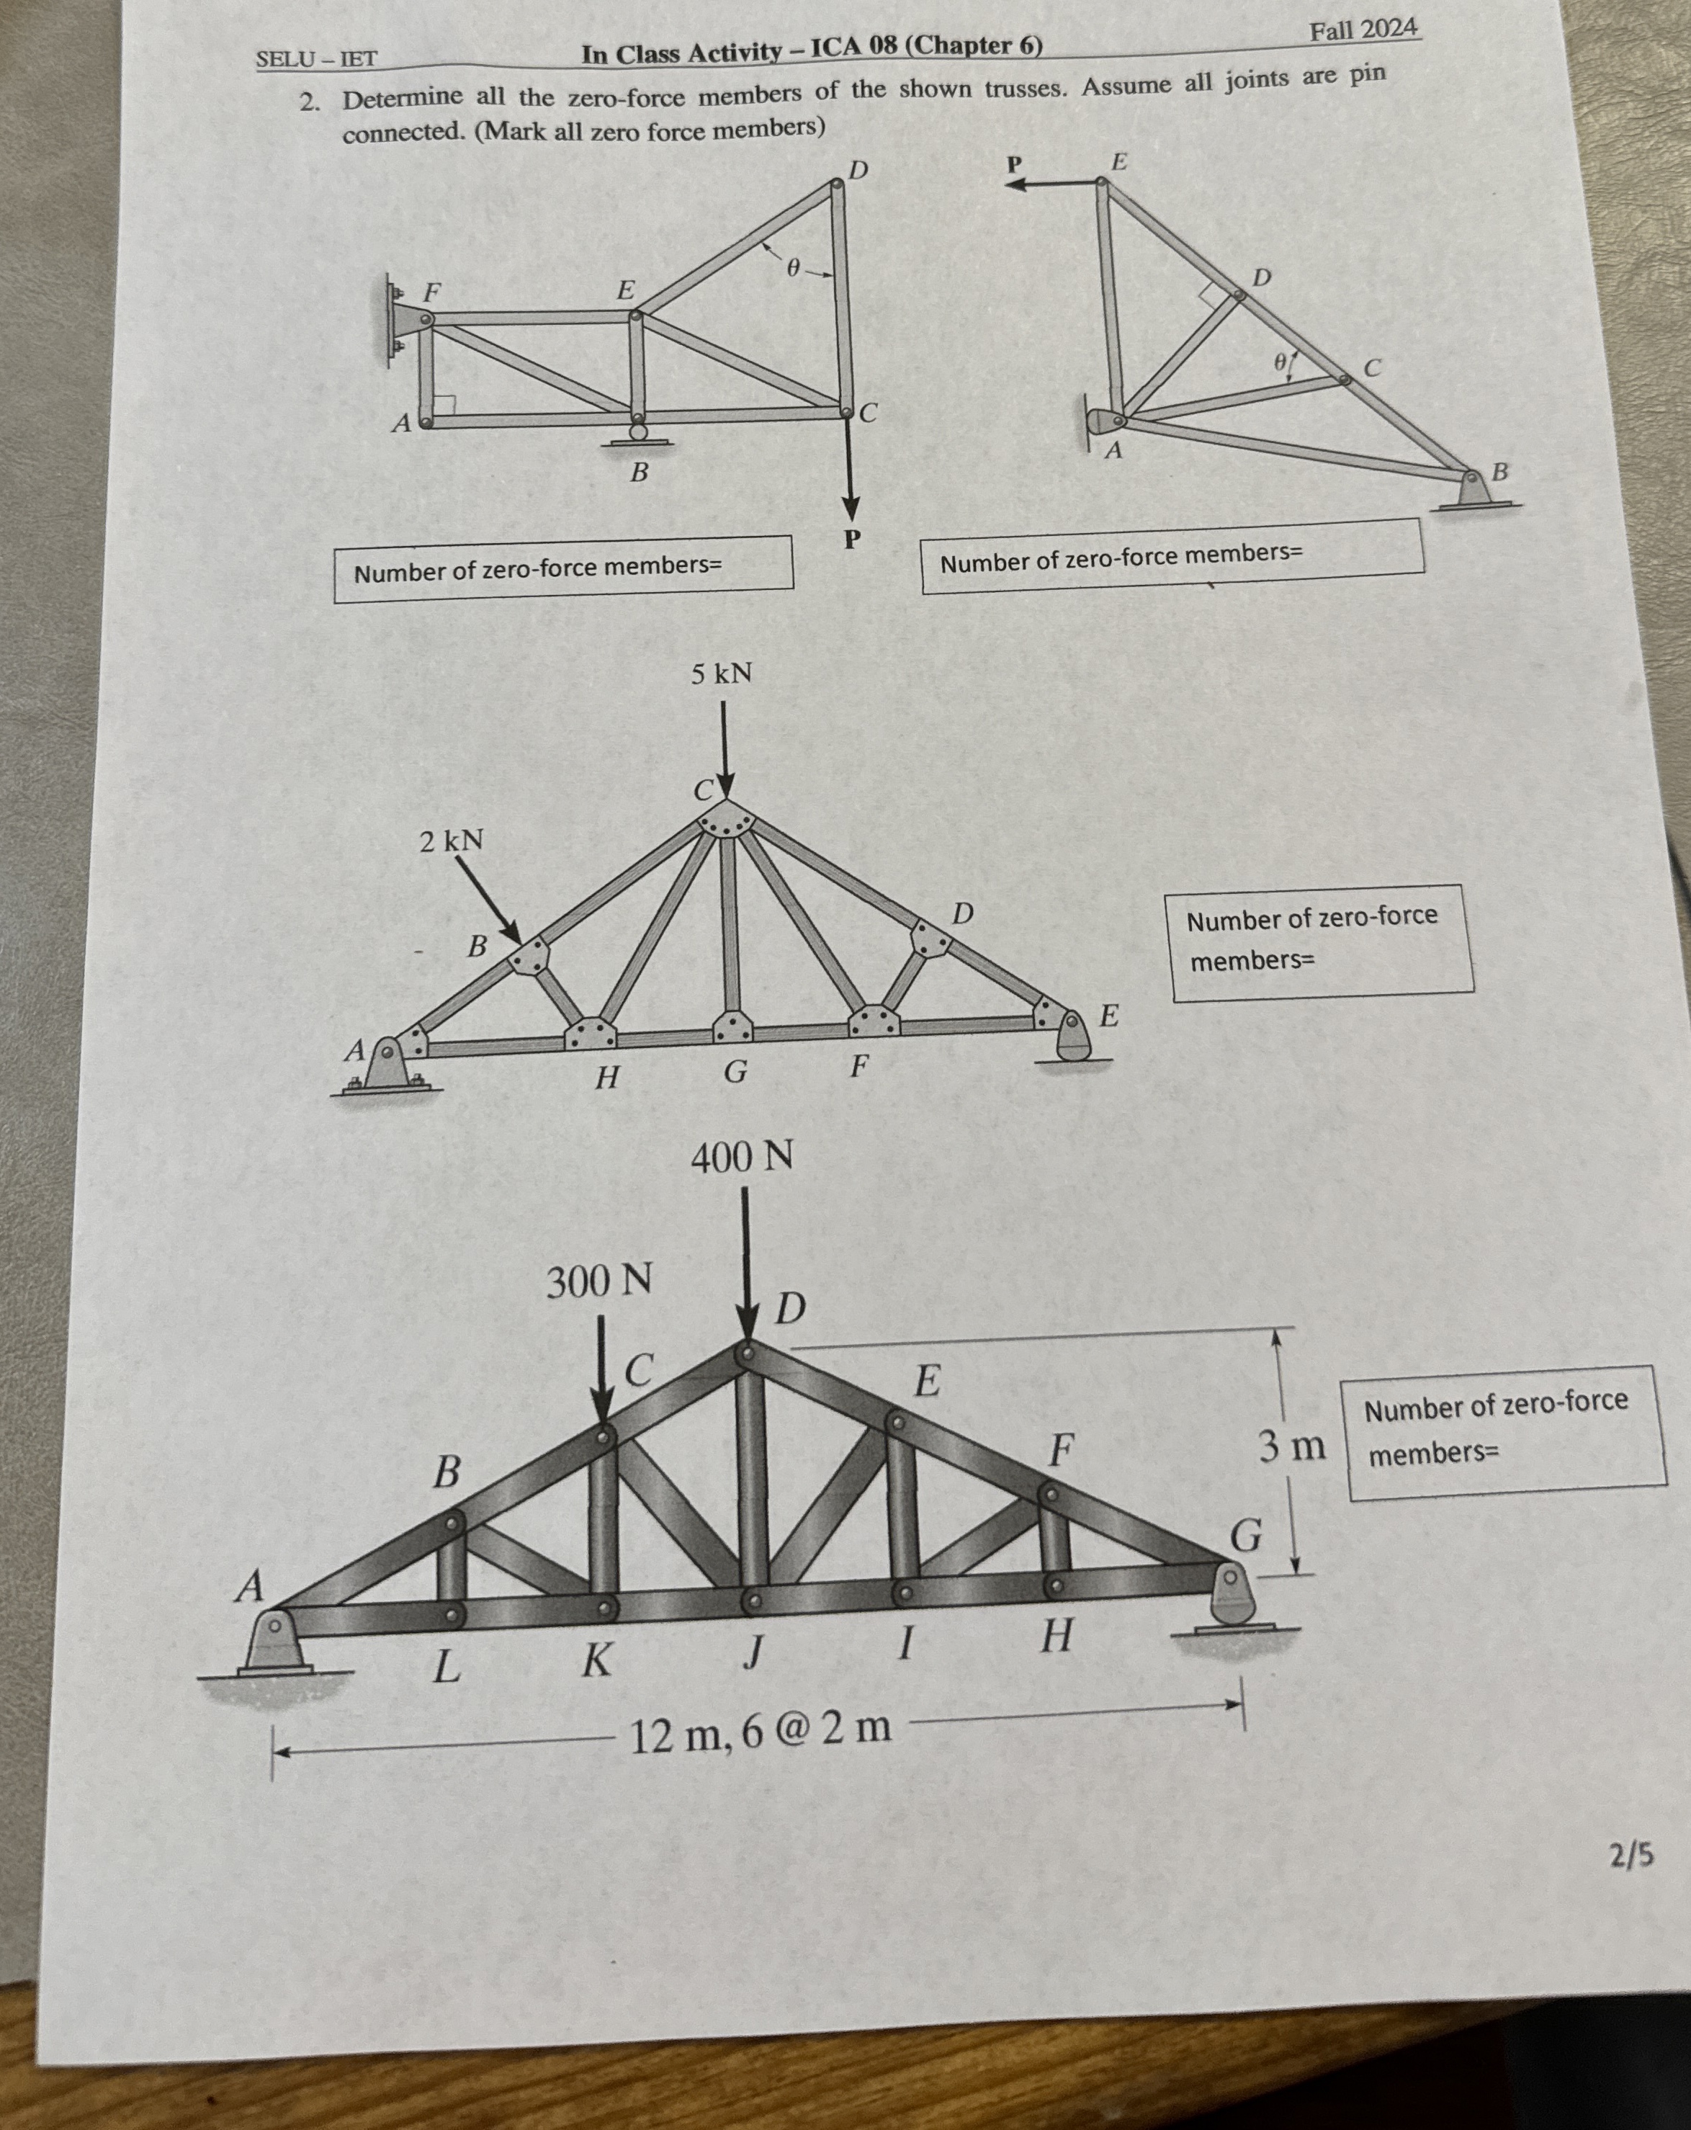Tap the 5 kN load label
[721, 675]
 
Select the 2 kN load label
[452, 842]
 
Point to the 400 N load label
[741, 1157]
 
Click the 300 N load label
[598, 1282]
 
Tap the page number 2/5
[1631, 1856]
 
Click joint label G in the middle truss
[735, 1072]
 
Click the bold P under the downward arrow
[851, 540]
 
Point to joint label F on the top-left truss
[431, 292]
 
